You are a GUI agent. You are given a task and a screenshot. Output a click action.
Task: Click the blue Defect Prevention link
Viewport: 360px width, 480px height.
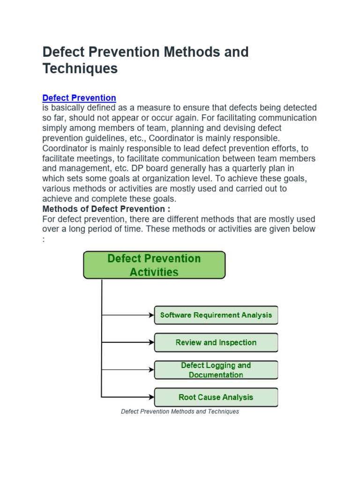79,98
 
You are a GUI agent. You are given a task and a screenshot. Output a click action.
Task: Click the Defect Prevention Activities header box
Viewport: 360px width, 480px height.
154,265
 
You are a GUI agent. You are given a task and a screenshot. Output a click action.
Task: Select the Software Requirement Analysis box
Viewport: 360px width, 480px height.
216,315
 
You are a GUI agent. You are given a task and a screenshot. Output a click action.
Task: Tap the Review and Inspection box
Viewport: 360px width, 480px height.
216,343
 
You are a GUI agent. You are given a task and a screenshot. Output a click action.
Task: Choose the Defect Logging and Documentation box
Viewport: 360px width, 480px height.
216,370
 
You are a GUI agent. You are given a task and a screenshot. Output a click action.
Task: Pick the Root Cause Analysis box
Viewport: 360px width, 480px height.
216,397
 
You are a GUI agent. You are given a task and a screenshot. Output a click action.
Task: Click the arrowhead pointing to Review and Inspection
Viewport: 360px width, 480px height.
151,343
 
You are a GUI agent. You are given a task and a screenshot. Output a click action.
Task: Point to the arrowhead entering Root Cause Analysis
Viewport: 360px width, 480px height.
151,397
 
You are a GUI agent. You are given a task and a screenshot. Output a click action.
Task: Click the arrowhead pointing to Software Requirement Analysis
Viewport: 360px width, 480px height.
151,315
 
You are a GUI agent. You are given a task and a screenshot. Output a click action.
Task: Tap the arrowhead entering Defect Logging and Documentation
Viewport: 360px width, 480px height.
151,370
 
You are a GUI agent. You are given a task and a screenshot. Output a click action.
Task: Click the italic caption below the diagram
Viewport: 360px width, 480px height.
180,412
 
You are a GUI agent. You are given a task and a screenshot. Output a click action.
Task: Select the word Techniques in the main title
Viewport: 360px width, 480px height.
80,68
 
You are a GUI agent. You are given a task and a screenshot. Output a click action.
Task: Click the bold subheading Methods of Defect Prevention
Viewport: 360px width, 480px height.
106,209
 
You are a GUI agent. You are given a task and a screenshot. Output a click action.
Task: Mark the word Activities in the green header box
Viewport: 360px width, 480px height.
154,272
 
